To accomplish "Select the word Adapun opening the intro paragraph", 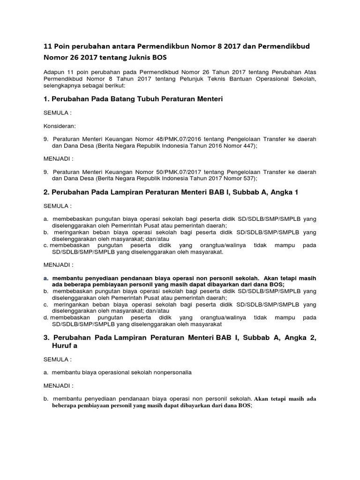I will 54,72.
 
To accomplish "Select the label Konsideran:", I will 60,126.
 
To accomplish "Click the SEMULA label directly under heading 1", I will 57,113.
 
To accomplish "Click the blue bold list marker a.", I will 46,278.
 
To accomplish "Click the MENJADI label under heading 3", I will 59,386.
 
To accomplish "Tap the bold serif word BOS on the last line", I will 244,406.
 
